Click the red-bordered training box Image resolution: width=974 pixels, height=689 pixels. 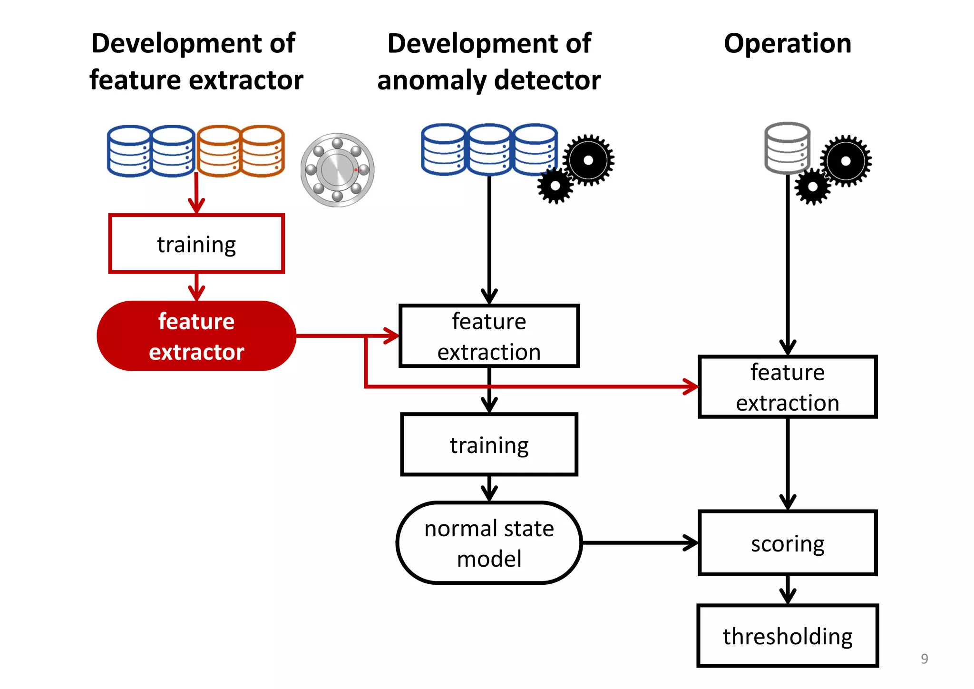click(x=196, y=244)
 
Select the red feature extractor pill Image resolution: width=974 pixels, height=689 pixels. click(x=196, y=336)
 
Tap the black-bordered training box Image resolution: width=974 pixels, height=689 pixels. click(x=489, y=444)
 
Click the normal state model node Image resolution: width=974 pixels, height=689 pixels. click(x=489, y=543)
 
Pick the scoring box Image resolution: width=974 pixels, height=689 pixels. click(x=787, y=543)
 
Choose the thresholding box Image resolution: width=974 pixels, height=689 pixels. click(x=787, y=636)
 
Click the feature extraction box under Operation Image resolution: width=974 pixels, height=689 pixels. click(x=787, y=387)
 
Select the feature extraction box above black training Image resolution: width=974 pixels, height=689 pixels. click(x=489, y=336)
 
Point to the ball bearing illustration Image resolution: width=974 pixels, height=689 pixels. click(x=337, y=170)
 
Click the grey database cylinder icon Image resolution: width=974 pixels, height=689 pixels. click(x=787, y=148)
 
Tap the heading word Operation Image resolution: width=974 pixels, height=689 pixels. click(x=787, y=43)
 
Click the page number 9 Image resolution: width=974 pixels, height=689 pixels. click(x=924, y=659)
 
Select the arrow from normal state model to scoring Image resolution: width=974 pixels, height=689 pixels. click(x=640, y=542)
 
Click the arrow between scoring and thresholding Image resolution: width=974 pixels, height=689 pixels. click(x=788, y=590)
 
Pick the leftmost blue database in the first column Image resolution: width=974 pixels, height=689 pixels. click(x=129, y=151)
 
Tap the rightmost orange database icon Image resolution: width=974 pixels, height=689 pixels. click(x=263, y=151)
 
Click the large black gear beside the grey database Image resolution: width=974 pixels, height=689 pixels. click(x=846, y=161)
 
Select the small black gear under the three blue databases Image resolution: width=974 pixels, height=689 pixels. click(x=555, y=186)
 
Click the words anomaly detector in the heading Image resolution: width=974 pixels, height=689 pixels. click(x=489, y=80)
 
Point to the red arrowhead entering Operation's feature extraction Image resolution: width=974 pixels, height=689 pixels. click(x=691, y=386)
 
